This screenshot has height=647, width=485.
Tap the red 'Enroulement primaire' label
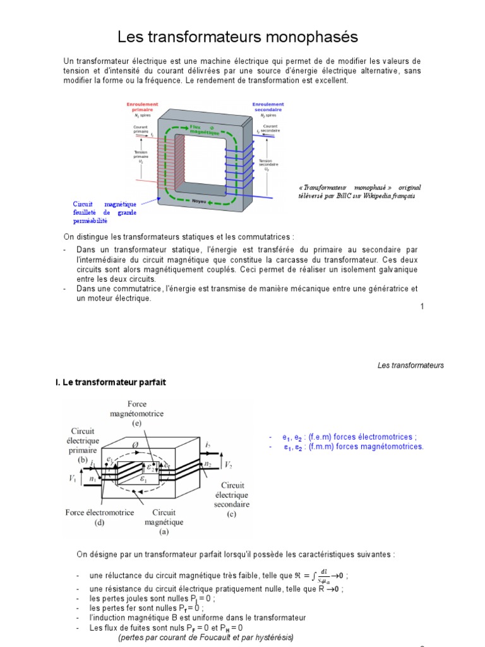[x=142, y=107]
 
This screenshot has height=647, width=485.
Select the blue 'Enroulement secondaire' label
[x=268, y=107]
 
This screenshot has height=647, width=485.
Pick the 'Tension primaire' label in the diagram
[x=141, y=156]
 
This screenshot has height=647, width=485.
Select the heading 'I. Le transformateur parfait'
[x=111, y=382]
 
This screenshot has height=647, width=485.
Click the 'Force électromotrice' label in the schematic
[x=100, y=512]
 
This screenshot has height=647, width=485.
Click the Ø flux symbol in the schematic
[x=135, y=444]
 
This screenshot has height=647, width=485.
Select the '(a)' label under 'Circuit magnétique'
[x=164, y=532]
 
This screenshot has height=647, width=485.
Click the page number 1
[x=422, y=306]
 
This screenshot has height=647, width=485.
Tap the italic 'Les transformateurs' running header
[x=410, y=365]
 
